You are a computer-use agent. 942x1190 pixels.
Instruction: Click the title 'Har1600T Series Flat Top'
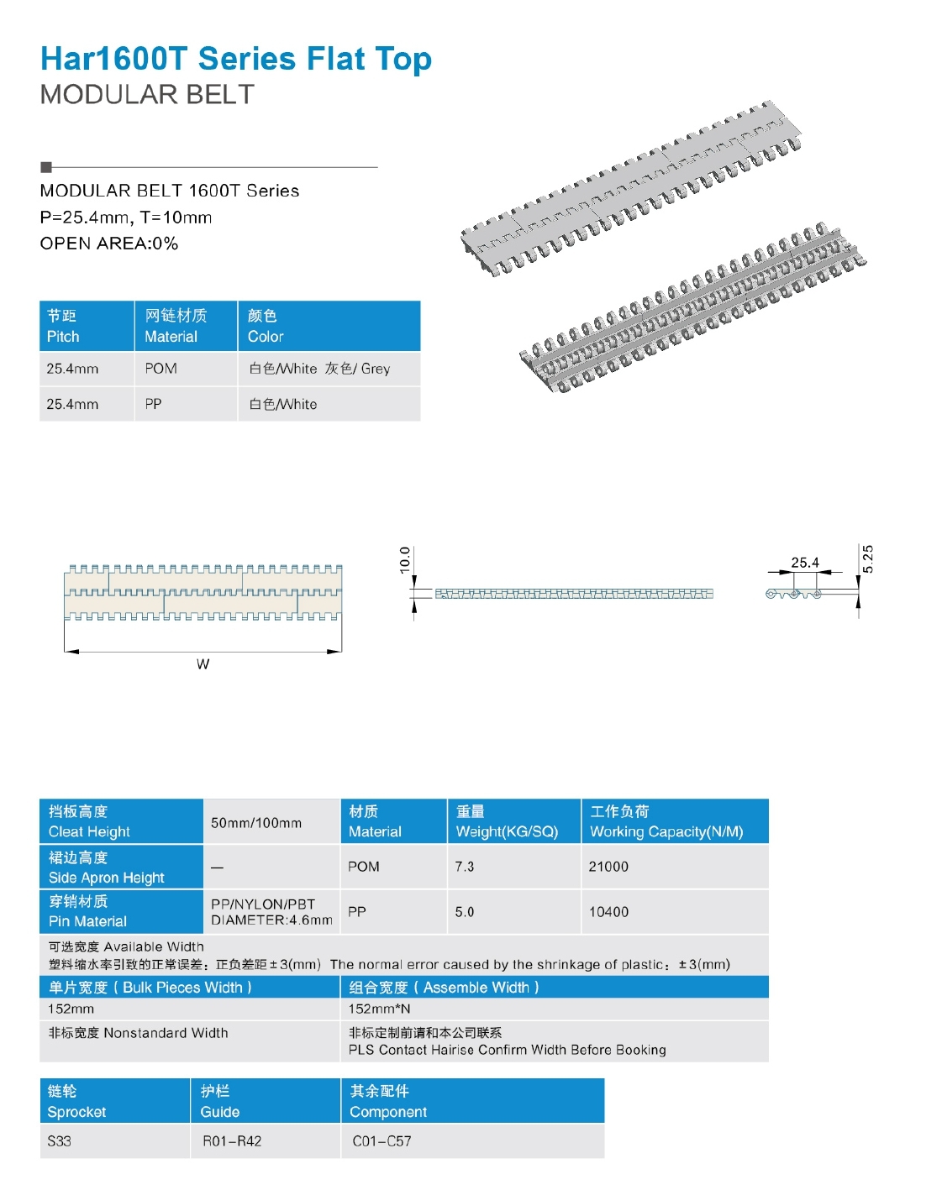pos(235,59)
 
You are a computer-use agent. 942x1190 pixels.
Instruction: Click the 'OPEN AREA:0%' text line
pos(109,244)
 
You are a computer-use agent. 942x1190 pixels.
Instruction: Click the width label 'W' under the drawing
pos(203,664)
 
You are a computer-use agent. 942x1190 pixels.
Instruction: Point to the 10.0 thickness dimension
pos(405,560)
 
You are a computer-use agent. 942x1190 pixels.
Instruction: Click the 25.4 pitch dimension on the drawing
pos(804,563)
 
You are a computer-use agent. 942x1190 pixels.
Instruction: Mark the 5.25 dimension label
pos(868,558)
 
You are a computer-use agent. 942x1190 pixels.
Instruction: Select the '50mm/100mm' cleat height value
pos(256,823)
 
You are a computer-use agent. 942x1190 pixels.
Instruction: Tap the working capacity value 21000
pos(608,867)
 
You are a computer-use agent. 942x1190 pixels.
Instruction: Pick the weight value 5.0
pos(465,912)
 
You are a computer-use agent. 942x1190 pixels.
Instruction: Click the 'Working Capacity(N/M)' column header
pos(666,821)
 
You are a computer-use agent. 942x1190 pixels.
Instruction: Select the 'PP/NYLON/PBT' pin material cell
pos(264,904)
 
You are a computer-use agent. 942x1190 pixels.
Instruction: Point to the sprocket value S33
pos(60,1141)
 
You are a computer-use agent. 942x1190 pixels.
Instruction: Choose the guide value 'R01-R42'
pos(232,1141)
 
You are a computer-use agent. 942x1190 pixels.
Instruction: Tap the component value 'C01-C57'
pos(382,1141)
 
